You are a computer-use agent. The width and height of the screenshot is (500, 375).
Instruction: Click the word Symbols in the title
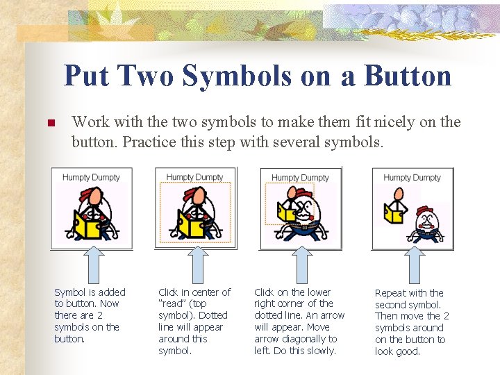coord(237,76)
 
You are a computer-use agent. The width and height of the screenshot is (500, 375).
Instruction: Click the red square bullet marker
coord(51,123)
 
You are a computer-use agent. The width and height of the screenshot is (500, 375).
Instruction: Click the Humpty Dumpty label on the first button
coord(91,177)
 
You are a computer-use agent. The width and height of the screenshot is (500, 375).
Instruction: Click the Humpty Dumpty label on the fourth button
coord(412,178)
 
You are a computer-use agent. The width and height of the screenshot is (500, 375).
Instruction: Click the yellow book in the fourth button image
coord(394,213)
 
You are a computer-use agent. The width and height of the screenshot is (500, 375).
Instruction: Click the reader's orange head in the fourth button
coord(399,194)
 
